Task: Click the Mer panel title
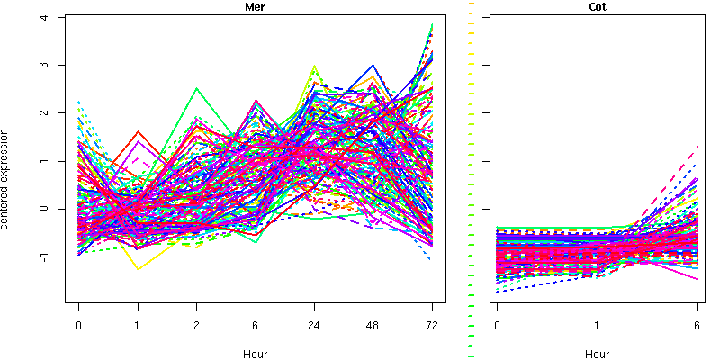(255, 7)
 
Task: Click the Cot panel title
(597, 7)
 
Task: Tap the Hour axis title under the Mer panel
(255, 354)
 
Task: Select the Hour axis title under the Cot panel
(597, 354)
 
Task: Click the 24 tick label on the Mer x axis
(314, 326)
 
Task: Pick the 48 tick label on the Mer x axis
(373, 326)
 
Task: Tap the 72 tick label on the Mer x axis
(432, 326)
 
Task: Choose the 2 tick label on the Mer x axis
(197, 326)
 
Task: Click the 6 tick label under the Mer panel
(256, 326)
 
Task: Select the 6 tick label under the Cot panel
(697, 326)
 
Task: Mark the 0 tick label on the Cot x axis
(497, 326)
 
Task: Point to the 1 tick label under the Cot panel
(597, 326)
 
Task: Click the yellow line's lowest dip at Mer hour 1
(139, 268)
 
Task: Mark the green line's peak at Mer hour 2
(197, 88)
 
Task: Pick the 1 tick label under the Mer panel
(138, 326)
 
